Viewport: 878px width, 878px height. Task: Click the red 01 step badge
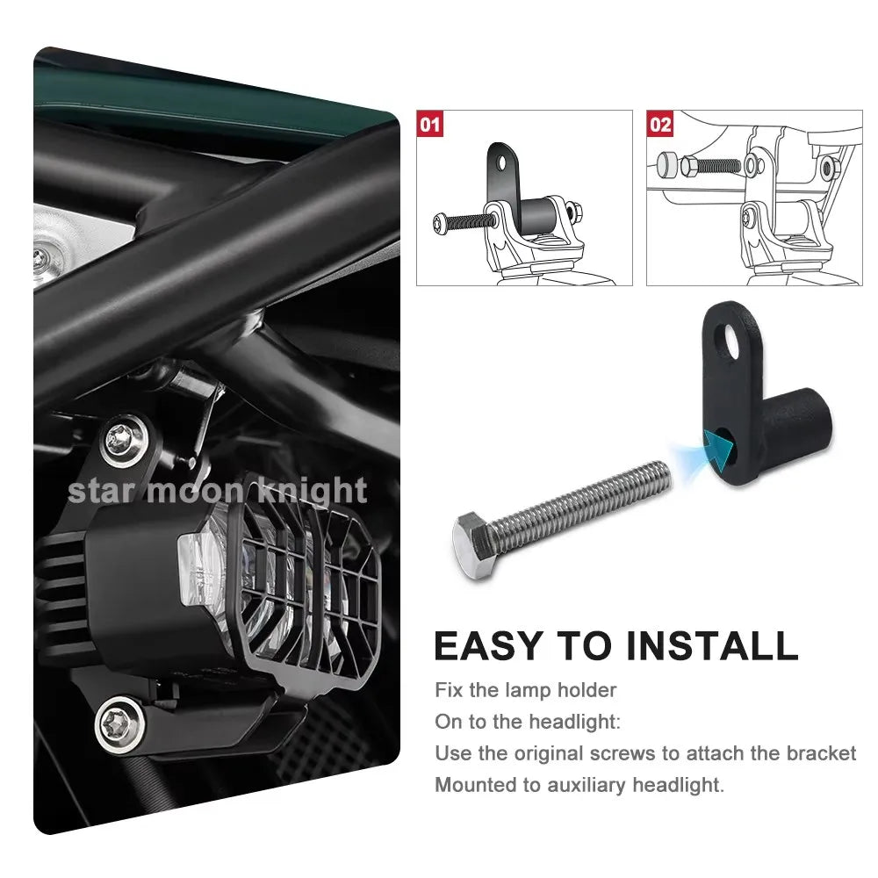point(430,124)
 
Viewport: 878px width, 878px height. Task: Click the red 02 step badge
point(660,124)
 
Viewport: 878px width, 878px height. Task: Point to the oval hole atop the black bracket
point(730,337)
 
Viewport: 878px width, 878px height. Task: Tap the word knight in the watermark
point(313,491)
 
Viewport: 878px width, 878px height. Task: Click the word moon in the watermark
point(196,491)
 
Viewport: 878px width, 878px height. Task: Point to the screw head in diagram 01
point(440,222)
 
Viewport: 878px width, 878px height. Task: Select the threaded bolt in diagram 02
point(710,166)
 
